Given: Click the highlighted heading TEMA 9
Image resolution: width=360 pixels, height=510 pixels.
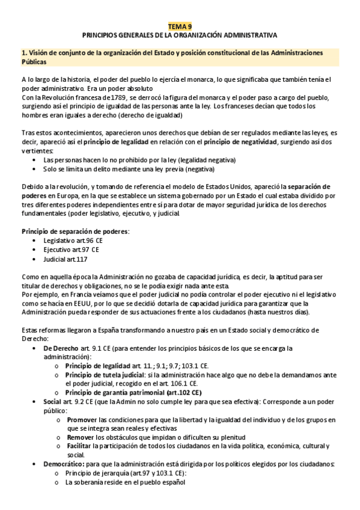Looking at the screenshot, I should point(180,26).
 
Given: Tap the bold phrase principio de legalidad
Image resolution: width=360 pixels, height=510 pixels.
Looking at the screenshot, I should point(124,142).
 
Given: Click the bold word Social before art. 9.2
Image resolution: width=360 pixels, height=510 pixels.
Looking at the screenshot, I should point(52,401).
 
